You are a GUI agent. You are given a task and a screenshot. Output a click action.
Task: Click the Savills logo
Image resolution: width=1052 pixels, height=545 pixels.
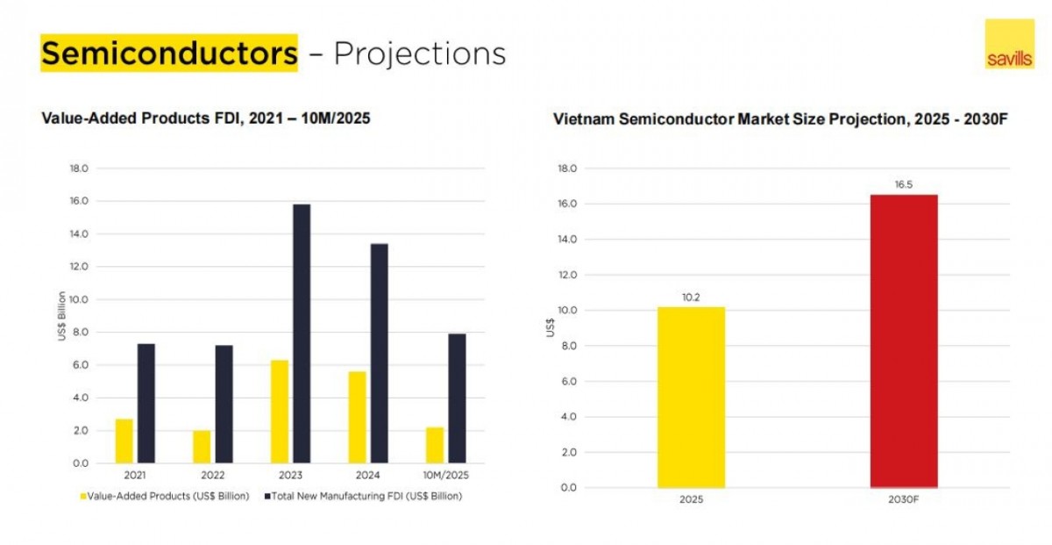(1009, 44)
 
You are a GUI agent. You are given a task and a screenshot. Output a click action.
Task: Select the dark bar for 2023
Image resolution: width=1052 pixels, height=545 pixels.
(302, 333)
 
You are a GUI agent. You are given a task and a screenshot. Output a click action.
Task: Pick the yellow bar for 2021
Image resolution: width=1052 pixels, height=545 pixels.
(124, 441)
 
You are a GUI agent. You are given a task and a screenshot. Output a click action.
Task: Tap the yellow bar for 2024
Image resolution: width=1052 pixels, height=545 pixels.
(357, 417)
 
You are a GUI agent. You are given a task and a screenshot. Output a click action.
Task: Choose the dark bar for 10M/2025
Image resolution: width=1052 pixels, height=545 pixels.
(457, 398)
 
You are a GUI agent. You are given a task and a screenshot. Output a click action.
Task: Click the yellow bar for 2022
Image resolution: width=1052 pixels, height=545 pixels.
(202, 446)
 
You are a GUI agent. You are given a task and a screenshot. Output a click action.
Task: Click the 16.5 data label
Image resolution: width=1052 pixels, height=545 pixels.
(904, 185)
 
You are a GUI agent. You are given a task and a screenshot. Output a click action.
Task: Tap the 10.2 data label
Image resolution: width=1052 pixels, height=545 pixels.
(691, 298)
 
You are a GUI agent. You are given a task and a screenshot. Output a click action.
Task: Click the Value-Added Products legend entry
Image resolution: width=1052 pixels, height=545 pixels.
(166, 496)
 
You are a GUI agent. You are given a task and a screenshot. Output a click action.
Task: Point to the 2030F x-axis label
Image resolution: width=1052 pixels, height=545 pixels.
(904, 499)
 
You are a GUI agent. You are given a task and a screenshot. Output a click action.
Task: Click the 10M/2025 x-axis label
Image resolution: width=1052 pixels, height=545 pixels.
(446, 475)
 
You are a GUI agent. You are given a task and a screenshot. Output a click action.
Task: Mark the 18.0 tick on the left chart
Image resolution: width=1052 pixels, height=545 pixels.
(79, 169)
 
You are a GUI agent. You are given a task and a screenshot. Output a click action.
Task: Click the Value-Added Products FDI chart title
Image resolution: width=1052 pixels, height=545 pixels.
(206, 118)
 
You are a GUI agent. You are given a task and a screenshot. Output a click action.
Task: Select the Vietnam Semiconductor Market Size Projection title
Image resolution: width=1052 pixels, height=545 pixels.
(779, 118)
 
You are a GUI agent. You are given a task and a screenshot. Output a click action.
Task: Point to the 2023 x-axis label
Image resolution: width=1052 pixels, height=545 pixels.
(290, 475)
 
